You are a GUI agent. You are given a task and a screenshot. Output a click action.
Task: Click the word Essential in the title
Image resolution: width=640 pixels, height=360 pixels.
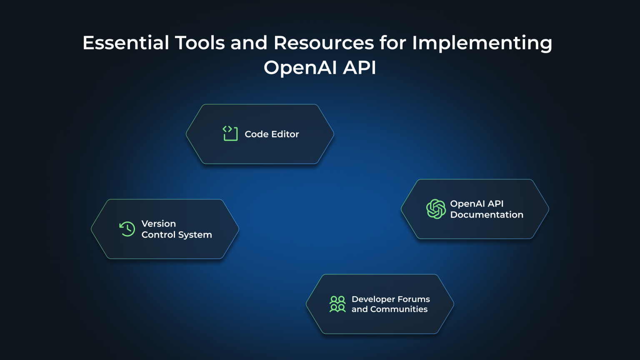126,43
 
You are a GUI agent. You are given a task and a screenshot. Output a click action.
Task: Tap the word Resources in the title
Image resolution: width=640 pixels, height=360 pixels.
324,43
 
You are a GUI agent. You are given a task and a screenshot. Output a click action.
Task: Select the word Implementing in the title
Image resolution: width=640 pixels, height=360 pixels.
482,43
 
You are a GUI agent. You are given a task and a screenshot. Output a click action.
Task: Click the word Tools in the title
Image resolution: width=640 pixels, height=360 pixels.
200,43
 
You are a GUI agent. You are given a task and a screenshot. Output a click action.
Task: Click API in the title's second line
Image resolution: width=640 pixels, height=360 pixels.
360,68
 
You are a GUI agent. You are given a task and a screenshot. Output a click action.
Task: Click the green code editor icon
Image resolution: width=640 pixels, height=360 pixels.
230,133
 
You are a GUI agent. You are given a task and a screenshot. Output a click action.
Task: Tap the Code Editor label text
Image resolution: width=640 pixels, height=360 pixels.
272,134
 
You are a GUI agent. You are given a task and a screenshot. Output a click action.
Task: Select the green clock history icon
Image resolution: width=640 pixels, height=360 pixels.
127,229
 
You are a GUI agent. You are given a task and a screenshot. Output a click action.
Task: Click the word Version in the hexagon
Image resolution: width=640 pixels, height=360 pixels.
159,224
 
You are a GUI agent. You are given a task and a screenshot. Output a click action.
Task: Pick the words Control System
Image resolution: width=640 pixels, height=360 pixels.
177,235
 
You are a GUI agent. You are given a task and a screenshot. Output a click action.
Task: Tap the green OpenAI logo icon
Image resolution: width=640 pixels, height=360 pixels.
436,209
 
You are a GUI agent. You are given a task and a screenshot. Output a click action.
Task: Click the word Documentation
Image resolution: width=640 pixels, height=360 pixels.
487,215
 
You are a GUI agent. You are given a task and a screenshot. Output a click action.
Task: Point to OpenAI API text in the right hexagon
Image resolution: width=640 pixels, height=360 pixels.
477,204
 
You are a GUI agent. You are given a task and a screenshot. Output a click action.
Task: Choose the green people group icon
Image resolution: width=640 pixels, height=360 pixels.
337,304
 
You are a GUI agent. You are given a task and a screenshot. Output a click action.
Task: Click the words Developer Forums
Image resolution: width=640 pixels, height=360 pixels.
390,299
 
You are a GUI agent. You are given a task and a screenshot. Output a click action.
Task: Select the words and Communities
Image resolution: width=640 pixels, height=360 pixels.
390,309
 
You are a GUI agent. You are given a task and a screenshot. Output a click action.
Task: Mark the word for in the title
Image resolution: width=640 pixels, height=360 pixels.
393,43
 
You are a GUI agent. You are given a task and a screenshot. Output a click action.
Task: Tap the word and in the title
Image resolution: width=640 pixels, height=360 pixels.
249,43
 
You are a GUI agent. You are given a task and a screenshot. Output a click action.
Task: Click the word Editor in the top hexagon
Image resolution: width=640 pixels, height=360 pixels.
285,134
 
